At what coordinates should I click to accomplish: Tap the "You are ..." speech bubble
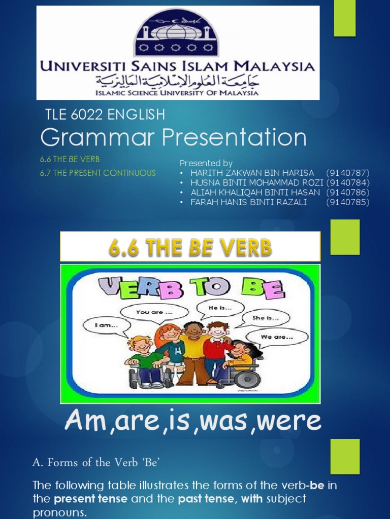pos(151,312)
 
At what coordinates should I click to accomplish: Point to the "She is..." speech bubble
pos(266,318)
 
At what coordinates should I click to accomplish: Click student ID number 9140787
pos(348,173)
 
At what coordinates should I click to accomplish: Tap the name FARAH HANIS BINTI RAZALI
pos(248,202)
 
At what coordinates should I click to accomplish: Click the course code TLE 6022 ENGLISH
pos(106,115)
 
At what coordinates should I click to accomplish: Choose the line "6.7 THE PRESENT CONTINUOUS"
pos(98,173)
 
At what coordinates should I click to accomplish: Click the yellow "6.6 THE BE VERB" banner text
pos(190,247)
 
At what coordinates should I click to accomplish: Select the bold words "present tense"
pos(91,499)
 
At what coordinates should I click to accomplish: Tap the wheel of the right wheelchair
pos(247,378)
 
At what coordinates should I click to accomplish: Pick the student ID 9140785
pos(348,202)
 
